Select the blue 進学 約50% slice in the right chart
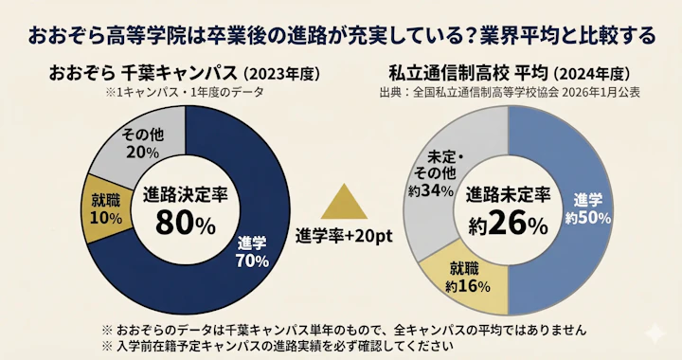pyautogui.click(x=587, y=208)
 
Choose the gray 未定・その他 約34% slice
pyautogui.click(x=435, y=171)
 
